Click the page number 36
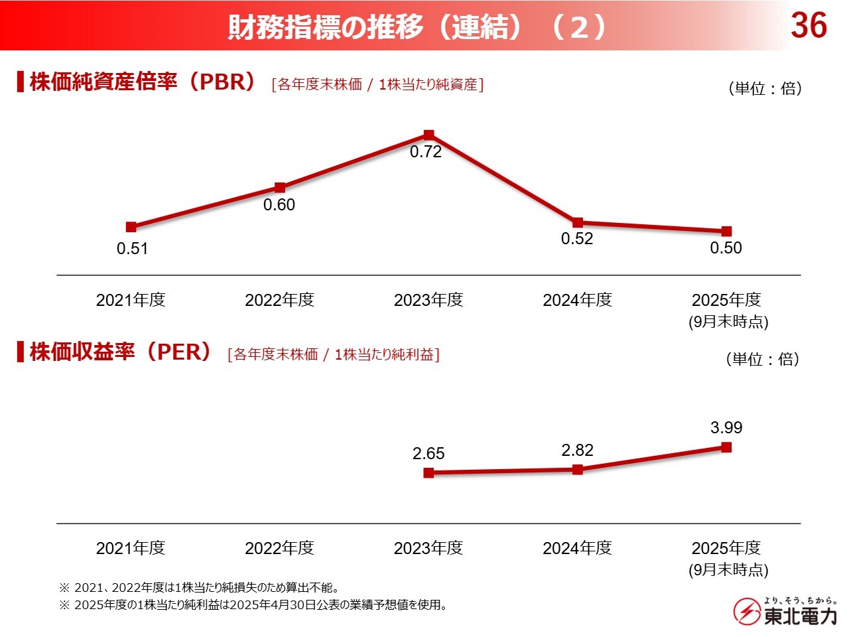pos(809,26)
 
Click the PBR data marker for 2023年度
pos(428,135)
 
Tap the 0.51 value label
pos(132,249)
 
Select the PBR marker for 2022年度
pos(280,188)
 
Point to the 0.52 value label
pos(577,239)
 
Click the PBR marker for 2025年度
pos(726,231)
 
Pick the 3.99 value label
pos(726,428)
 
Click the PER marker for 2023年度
pos(428,473)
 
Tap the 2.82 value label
pos(577,451)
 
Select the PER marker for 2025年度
pos(726,447)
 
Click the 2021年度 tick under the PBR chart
pos(131,300)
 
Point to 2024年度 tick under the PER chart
pos(577,548)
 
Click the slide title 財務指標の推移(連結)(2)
pos(417,27)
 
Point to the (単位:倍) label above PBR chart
pos(765,88)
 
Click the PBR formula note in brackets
pos(377,84)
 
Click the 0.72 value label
pos(426,152)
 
